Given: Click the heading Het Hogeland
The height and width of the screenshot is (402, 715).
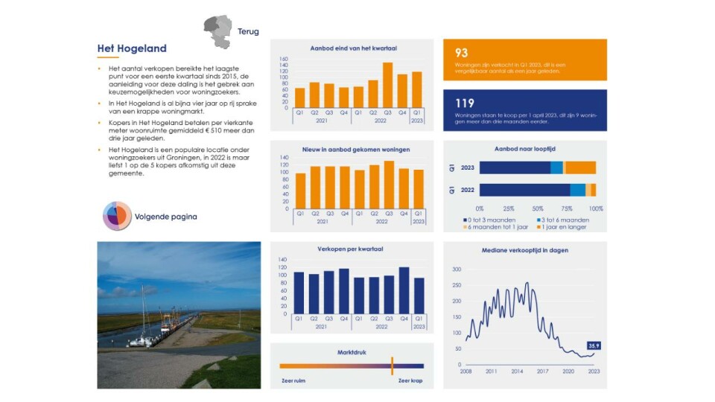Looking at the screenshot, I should pyautogui.click(x=131, y=49).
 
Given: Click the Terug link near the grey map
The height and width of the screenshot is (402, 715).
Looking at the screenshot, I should pyautogui.click(x=248, y=32).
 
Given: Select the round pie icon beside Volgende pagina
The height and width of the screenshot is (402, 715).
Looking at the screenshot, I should pyautogui.click(x=117, y=217).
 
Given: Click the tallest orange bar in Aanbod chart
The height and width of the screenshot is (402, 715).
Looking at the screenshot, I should pyautogui.click(x=387, y=86).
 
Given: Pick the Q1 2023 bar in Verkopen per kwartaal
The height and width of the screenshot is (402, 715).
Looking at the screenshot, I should pyautogui.click(x=419, y=296).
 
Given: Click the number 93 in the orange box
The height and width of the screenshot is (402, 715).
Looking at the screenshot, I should pyautogui.click(x=462, y=53).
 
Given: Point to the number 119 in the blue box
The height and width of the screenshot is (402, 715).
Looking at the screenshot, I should pyautogui.click(x=465, y=103).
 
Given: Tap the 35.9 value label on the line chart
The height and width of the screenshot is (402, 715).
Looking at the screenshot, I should pyautogui.click(x=594, y=345).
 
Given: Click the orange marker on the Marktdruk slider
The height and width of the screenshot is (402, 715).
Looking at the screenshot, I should pyautogui.click(x=392, y=366).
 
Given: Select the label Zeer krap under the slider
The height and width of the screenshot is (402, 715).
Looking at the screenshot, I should pyautogui.click(x=410, y=380).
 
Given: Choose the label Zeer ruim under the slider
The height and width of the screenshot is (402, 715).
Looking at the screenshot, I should pyautogui.click(x=293, y=380).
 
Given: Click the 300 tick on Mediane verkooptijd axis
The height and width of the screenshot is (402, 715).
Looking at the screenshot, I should pyautogui.click(x=457, y=269).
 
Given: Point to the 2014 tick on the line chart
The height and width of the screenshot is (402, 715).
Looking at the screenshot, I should pyautogui.click(x=517, y=371).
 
